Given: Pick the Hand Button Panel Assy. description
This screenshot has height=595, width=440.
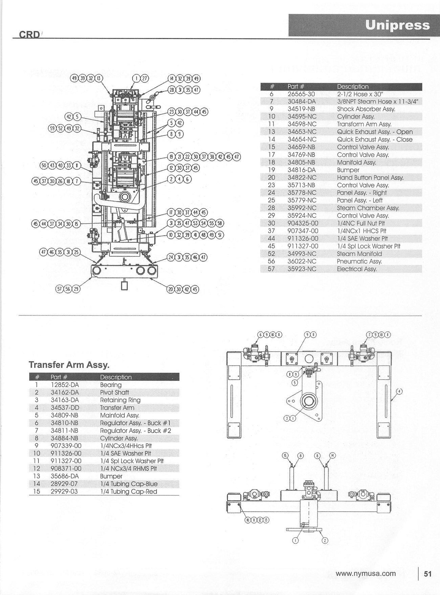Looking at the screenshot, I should click(370, 178).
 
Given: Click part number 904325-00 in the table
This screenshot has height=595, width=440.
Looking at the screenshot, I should click(303, 223).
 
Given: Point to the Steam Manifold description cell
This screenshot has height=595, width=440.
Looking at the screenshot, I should click(359, 254).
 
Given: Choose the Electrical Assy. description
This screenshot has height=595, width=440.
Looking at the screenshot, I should click(357, 269).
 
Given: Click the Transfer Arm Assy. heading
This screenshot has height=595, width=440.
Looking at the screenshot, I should click(69, 365).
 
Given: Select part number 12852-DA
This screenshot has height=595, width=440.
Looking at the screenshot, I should click(65, 385).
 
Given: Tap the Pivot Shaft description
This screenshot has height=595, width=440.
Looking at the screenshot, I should click(114, 392).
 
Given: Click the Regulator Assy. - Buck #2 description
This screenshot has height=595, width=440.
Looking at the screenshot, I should click(135, 430).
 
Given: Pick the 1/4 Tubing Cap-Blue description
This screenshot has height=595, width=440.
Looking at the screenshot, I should click(129, 484).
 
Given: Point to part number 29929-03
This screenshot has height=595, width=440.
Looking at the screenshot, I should click(64, 491).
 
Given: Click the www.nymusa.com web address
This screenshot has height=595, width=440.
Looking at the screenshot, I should click(366, 573).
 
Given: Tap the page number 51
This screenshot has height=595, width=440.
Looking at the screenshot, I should click(427, 574).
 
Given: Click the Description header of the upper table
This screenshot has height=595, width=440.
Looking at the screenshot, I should click(353, 86).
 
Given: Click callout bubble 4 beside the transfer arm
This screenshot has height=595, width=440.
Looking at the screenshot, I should click(399, 392).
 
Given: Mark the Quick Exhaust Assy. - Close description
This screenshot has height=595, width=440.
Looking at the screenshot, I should click(375, 140).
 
